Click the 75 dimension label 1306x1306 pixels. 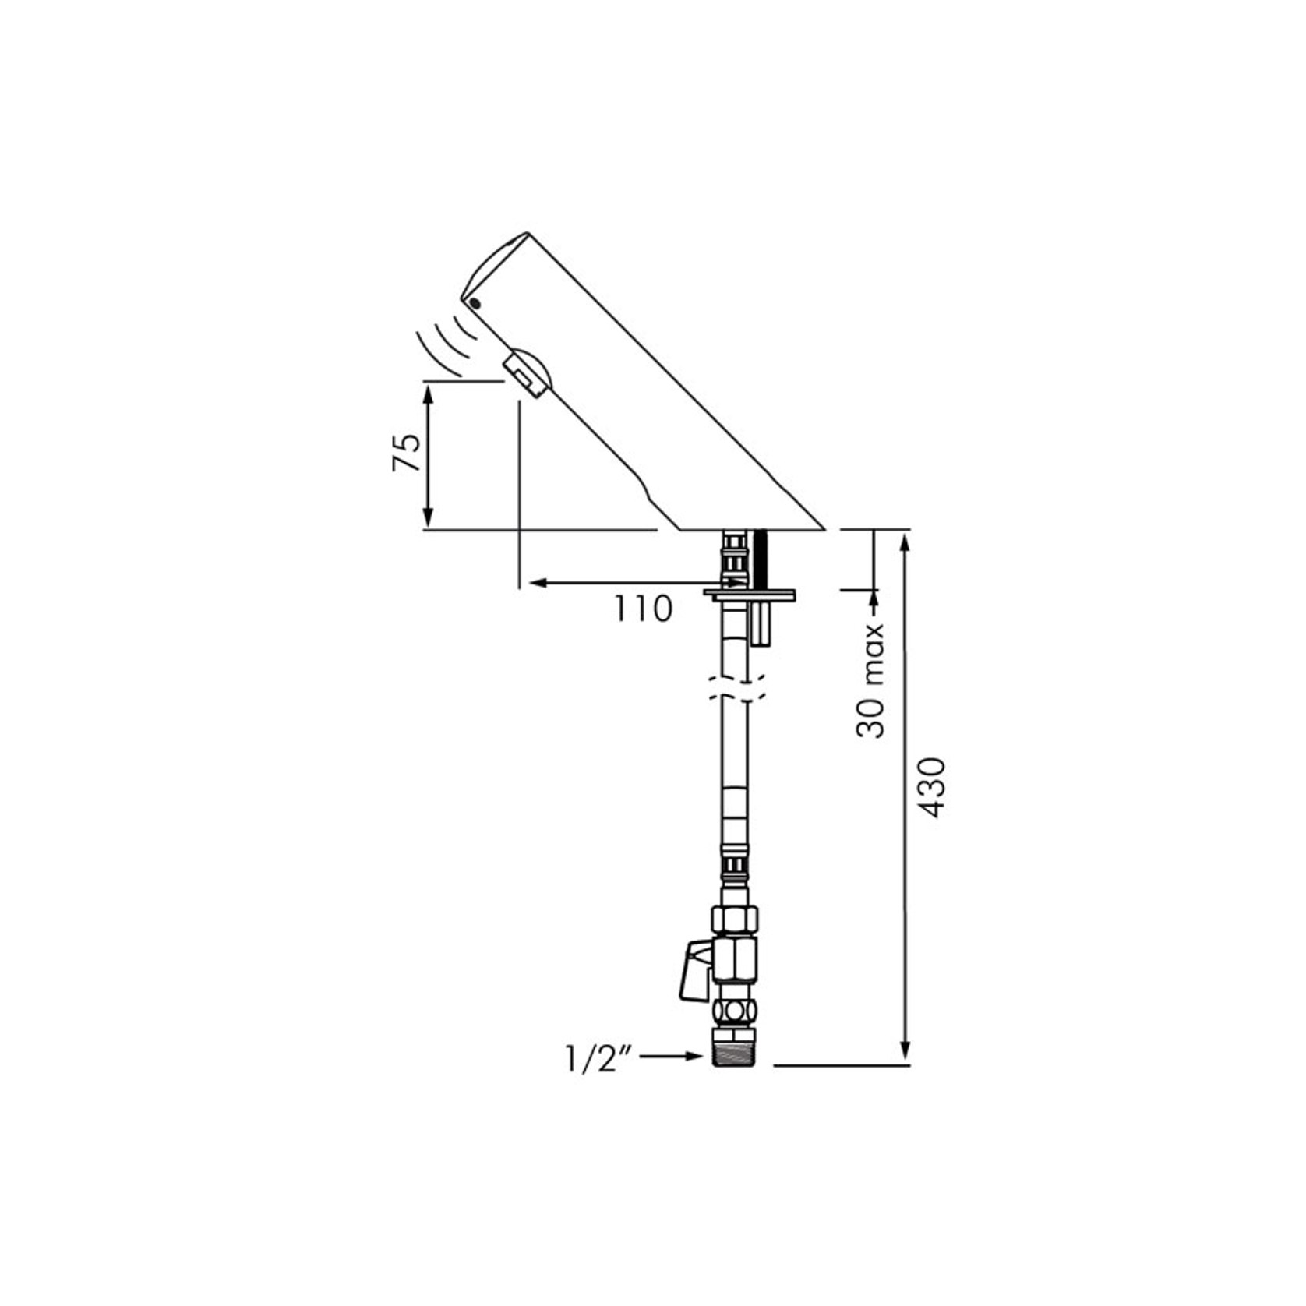pyautogui.click(x=406, y=452)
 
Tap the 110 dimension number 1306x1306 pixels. pyautogui.click(x=643, y=609)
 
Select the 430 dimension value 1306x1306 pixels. pyautogui.click(x=933, y=786)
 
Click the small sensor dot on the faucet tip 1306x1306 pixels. pyautogui.click(x=475, y=303)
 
